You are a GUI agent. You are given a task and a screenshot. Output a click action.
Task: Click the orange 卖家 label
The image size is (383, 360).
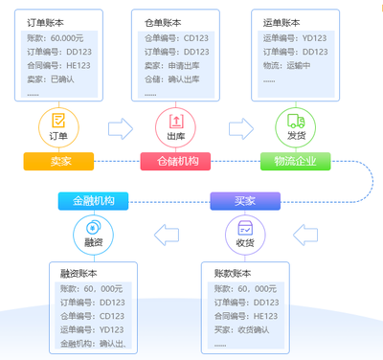(59, 161)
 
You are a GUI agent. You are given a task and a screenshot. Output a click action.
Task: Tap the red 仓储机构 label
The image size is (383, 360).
(175, 161)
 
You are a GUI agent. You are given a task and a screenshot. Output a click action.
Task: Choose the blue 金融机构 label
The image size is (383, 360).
(92, 201)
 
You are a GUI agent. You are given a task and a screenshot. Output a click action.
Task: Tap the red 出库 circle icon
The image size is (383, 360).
(175, 124)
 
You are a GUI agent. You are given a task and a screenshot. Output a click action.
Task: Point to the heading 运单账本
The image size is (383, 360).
(281, 21)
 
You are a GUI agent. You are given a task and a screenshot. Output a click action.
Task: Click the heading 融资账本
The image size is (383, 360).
(79, 273)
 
